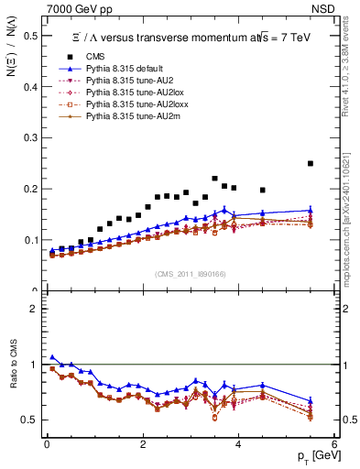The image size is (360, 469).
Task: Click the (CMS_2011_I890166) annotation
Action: [190, 275]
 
